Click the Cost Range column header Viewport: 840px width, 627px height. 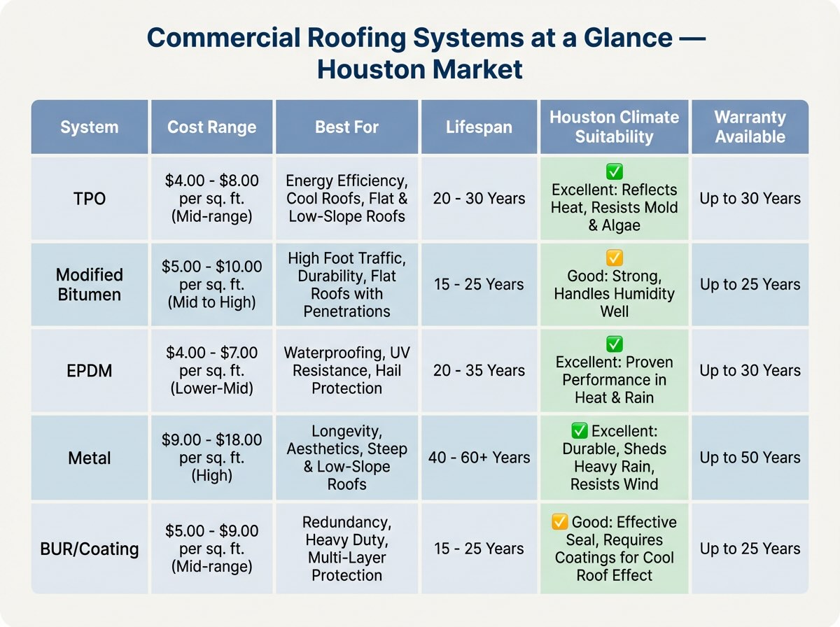(x=212, y=127)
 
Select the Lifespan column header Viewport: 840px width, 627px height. (x=479, y=127)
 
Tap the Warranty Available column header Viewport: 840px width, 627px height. (x=750, y=127)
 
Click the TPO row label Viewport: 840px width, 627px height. (x=90, y=199)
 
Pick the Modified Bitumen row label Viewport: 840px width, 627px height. (x=90, y=284)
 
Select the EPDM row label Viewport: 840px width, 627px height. (x=90, y=370)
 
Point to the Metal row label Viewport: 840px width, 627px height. (x=90, y=458)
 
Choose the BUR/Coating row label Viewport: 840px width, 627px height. (x=90, y=549)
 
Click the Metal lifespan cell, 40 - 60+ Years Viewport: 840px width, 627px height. (x=479, y=458)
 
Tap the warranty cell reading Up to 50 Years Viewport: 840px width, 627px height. (x=750, y=458)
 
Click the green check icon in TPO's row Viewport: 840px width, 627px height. (x=614, y=172)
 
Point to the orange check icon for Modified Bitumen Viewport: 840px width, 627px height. (x=614, y=258)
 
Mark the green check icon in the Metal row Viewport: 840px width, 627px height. (x=580, y=431)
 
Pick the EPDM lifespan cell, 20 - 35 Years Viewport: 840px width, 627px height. (x=479, y=370)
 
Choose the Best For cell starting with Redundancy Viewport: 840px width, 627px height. (x=346, y=549)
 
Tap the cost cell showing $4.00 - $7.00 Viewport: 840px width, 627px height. (x=212, y=370)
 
